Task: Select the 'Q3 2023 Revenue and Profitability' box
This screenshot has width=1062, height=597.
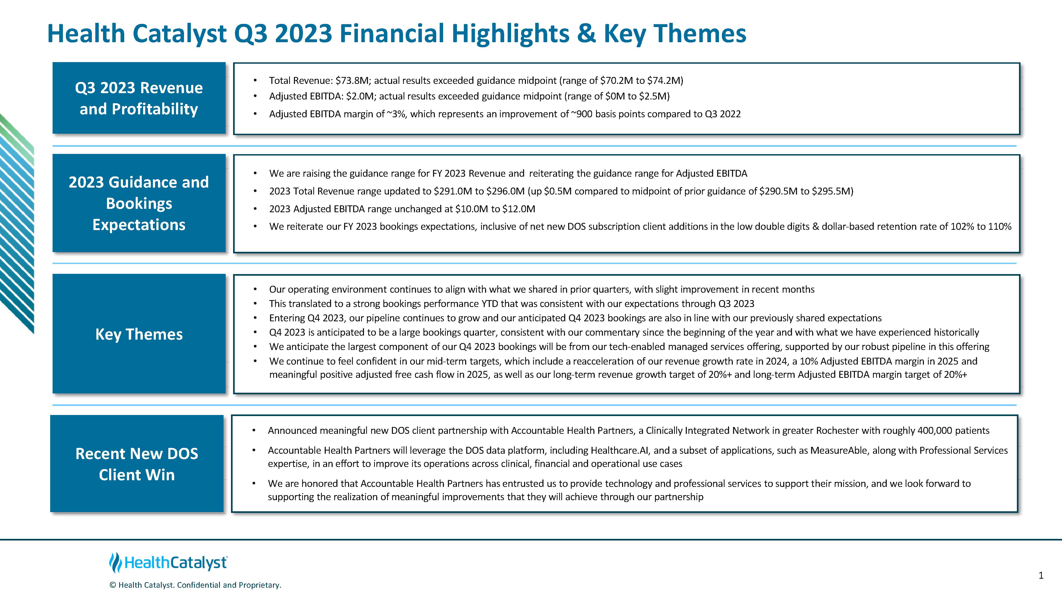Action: click(x=139, y=98)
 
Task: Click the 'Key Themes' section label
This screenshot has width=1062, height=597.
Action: click(x=139, y=334)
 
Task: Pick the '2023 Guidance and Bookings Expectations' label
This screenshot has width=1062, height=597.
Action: click(x=139, y=203)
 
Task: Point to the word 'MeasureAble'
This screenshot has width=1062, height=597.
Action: click(x=839, y=450)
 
